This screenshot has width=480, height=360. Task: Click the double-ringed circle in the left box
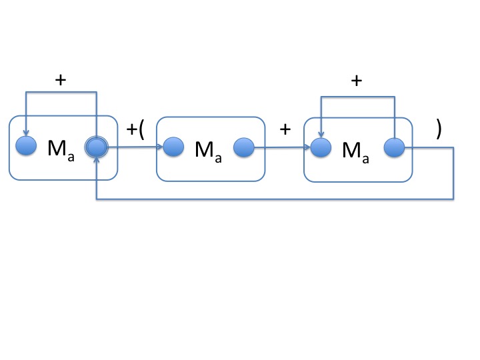click(97, 148)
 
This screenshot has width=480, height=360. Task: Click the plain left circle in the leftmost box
click(25, 146)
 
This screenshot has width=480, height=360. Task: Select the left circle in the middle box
click(173, 147)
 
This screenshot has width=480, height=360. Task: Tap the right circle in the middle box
click(243, 147)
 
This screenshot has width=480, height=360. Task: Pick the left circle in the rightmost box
click(321, 147)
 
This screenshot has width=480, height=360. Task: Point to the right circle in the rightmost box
click(394, 147)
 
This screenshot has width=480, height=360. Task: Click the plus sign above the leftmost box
click(61, 80)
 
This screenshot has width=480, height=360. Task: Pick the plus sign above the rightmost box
click(357, 81)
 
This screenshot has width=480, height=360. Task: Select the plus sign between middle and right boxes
click(285, 129)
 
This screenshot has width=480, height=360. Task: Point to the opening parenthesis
click(141, 129)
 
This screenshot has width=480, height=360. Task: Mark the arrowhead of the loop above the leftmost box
click(25, 134)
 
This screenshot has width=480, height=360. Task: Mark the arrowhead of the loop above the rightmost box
click(321, 135)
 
